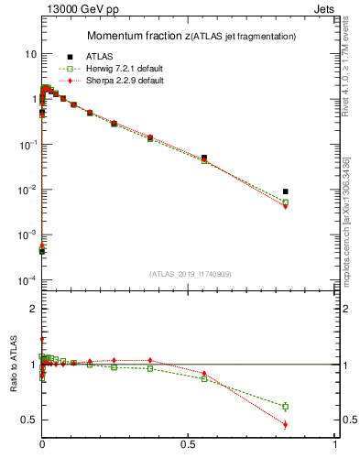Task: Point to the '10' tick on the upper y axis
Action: tap(29, 54)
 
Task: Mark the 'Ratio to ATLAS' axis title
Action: tap(14, 364)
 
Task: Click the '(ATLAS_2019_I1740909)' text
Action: tap(189, 274)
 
